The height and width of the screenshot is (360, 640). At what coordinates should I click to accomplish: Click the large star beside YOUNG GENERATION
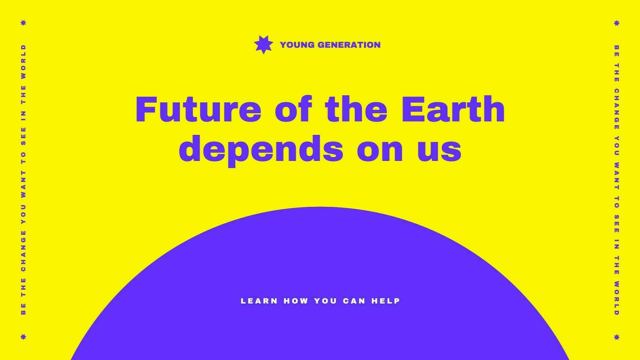(x=263, y=45)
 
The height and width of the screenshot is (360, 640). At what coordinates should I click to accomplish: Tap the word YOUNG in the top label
(x=297, y=45)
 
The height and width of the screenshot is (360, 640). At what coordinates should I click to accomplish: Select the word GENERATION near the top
(x=349, y=45)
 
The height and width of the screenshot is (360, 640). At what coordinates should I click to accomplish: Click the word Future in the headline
(x=198, y=109)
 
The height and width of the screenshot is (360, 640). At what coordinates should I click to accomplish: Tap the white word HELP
(x=385, y=301)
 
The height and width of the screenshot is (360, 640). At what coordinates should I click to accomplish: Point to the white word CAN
(x=354, y=301)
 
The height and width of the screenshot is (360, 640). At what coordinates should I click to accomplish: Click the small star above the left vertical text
(x=24, y=23)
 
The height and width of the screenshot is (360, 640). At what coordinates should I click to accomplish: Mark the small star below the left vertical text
(x=24, y=337)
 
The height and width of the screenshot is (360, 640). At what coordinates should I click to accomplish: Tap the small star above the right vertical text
(x=617, y=23)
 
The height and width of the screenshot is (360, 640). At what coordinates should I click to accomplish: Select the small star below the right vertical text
(x=617, y=337)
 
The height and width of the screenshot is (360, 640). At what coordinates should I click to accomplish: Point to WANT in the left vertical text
(x=24, y=183)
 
